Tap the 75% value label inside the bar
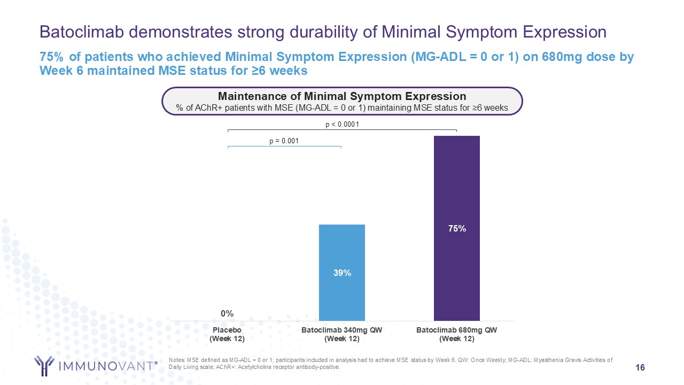coord(456,228)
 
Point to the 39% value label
coord(342,273)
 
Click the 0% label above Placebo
coord(228,313)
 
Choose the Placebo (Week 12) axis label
coord(228,334)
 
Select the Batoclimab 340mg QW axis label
coord(342,330)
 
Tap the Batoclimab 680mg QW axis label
coord(456,330)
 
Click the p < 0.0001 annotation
coord(342,125)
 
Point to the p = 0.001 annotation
coord(284,141)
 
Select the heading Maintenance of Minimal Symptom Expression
coord(342,96)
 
